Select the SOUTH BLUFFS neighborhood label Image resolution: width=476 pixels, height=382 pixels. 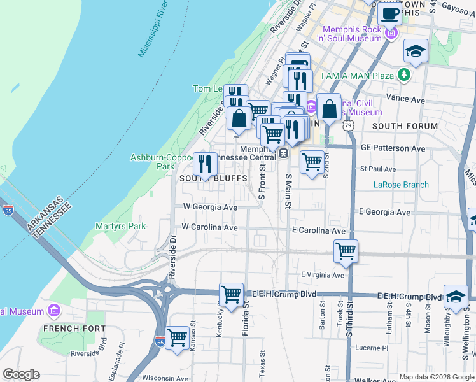[x=213, y=179]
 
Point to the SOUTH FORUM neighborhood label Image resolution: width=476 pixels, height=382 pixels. [x=405, y=126]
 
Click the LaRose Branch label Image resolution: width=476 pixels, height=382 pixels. [x=401, y=185]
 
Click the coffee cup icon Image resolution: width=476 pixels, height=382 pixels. [x=389, y=13]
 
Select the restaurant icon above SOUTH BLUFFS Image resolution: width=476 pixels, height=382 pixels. [x=205, y=164]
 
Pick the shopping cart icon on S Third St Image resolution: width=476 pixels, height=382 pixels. [x=346, y=250]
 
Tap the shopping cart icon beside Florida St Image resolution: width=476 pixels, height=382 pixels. [x=232, y=294]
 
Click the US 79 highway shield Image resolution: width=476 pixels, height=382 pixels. [x=347, y=126]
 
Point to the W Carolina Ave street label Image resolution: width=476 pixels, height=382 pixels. [x=209, y=227]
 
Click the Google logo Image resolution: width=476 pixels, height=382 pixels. [x=21, y=374]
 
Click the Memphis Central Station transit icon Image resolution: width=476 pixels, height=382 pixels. [x=284, y=153]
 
